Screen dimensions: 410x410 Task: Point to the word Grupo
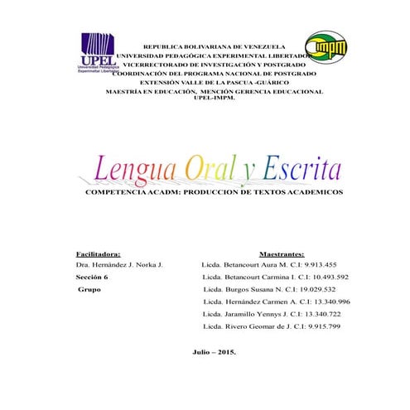click(89, 290)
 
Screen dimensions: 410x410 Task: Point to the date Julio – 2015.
click(214, 353)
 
